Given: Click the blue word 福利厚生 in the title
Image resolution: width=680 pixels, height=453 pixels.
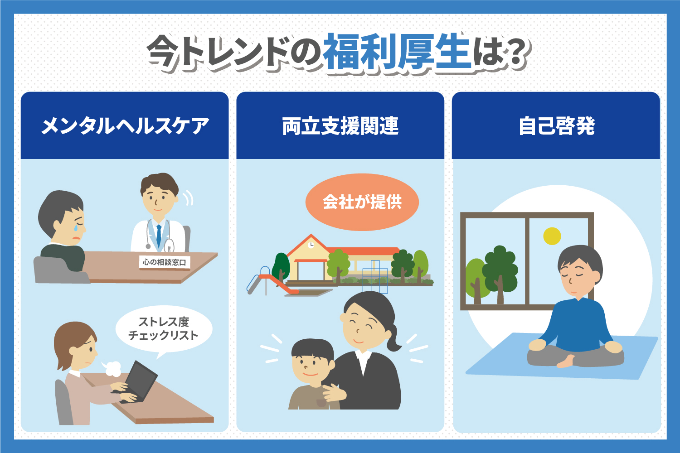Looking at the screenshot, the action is click(397, 51).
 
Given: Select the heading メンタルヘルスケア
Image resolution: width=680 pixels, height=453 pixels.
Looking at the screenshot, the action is click(125, 125).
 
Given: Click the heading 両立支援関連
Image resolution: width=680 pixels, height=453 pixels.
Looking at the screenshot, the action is click(340, 125).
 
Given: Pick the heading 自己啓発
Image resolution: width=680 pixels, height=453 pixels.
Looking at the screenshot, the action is click(556, 125).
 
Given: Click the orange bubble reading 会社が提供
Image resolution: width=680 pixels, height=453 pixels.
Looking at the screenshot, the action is click(362, 202).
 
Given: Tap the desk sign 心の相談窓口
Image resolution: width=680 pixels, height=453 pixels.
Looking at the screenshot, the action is click(164, 262).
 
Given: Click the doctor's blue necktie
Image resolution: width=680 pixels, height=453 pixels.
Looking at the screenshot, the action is click(159, 236).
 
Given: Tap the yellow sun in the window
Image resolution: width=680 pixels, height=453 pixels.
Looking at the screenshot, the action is click(552, 236).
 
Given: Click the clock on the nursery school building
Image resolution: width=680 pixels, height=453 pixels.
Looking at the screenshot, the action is click(311, 245).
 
